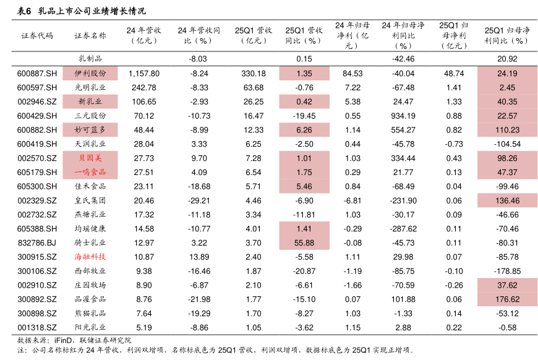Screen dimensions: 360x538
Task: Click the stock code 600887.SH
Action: tap(37, 74)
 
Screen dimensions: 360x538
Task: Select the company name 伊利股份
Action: tap(90, 74)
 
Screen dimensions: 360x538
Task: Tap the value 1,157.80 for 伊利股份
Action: tap(144, 74)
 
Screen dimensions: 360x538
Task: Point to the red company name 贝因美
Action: tap(90, 158)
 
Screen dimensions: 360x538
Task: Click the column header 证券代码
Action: tap(37, 35)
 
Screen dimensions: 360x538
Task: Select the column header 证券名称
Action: tap(90, 35)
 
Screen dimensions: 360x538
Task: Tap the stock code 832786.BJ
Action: tap(37, 242)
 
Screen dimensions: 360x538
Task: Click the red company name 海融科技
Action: tap(90, 257)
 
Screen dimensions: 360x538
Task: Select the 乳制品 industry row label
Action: tap(90, 59)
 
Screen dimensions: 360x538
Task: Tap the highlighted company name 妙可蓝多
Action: tap(90, 130)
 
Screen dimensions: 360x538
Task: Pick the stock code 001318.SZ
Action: tap(37, 327)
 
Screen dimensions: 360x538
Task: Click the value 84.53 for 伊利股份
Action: tap(352, 74)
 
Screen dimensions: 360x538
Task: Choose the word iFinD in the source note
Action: tap(64, 340)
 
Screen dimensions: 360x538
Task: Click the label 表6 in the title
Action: tap(23, 11)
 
